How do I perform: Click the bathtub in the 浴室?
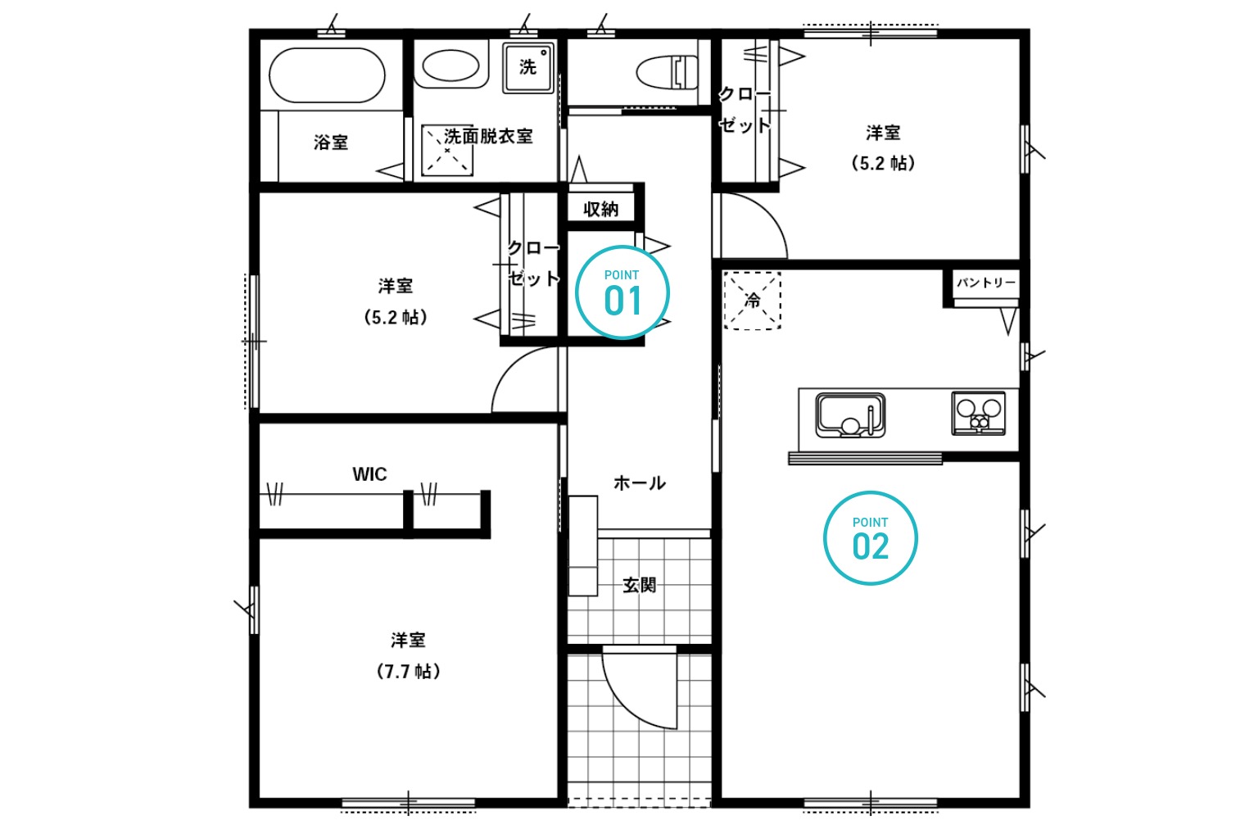(327, 75)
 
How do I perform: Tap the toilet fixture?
(667, 72)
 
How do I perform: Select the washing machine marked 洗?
(528, 68)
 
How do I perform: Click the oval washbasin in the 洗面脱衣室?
(450, 66)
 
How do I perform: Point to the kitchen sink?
(850, 415)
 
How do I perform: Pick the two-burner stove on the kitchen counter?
(978, 414)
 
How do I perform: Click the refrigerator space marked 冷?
(752, 301)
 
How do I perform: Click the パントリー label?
(986, 283)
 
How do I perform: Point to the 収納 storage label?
(601, 209)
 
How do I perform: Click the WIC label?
(369, 474)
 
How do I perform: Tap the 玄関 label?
(639, 585)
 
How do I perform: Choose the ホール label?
(639, 483)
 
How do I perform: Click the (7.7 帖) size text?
(409, 672)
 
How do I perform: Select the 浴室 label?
(331, 143)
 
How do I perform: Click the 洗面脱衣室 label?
(488, 136)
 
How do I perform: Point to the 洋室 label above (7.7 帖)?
(408, 640)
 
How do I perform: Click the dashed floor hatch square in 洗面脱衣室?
(447, 150)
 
